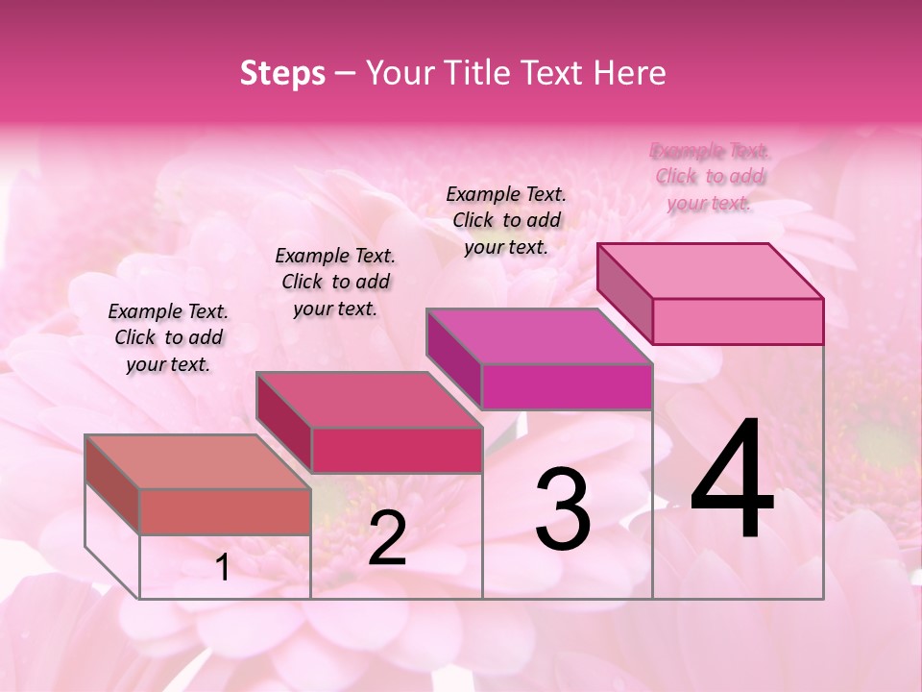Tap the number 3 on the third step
click(x=562, y=509)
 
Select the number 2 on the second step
click(x=387, y=538)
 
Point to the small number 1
click(x=223, y=568)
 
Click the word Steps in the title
click(x=282, y=73)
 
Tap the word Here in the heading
click(x=631, y=73)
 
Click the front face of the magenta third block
click(x=567, y=386)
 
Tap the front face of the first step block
click(x=225, y=511)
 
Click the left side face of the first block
click(x=112, y=484)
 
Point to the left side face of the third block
click(x=453, y=358)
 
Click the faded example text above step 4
click(x=710, y=177)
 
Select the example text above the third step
click(x=506, y=220)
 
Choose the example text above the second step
click(x=335, y=282)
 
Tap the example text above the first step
click(x=168, y=337)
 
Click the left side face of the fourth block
click(x=624, y=293)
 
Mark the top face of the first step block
click(x=198, y=461)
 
